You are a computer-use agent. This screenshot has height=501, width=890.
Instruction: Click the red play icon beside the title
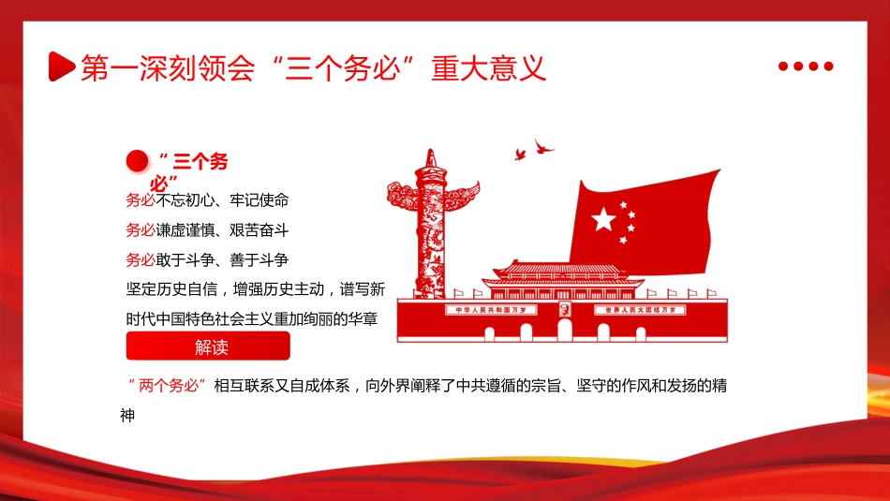[x=62, y=66]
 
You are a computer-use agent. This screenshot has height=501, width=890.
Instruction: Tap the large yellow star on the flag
[x=603, y=220]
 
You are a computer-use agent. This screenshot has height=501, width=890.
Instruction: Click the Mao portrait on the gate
[x=564, y=310]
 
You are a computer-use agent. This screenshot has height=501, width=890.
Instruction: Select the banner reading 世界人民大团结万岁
[x=645, y=310]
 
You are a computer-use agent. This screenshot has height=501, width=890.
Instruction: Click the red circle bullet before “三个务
[x=138, y=161]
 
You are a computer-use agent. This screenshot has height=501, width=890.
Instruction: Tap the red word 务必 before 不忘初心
[x=141, y=200]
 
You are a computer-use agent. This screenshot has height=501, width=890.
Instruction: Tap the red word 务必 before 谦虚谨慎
[x=141, y=229]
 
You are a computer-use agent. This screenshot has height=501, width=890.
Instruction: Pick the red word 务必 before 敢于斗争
[x=141, y=259]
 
